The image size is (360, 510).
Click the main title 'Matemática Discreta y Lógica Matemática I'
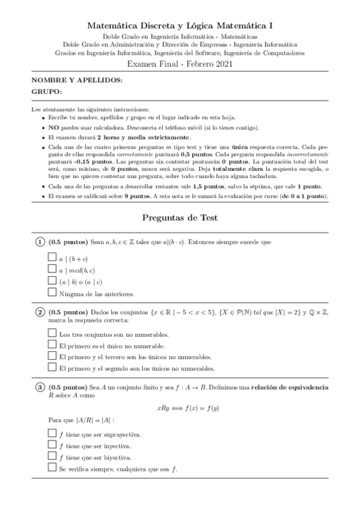180,26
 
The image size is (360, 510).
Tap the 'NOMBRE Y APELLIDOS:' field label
69,80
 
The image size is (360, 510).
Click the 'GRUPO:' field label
46,92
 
